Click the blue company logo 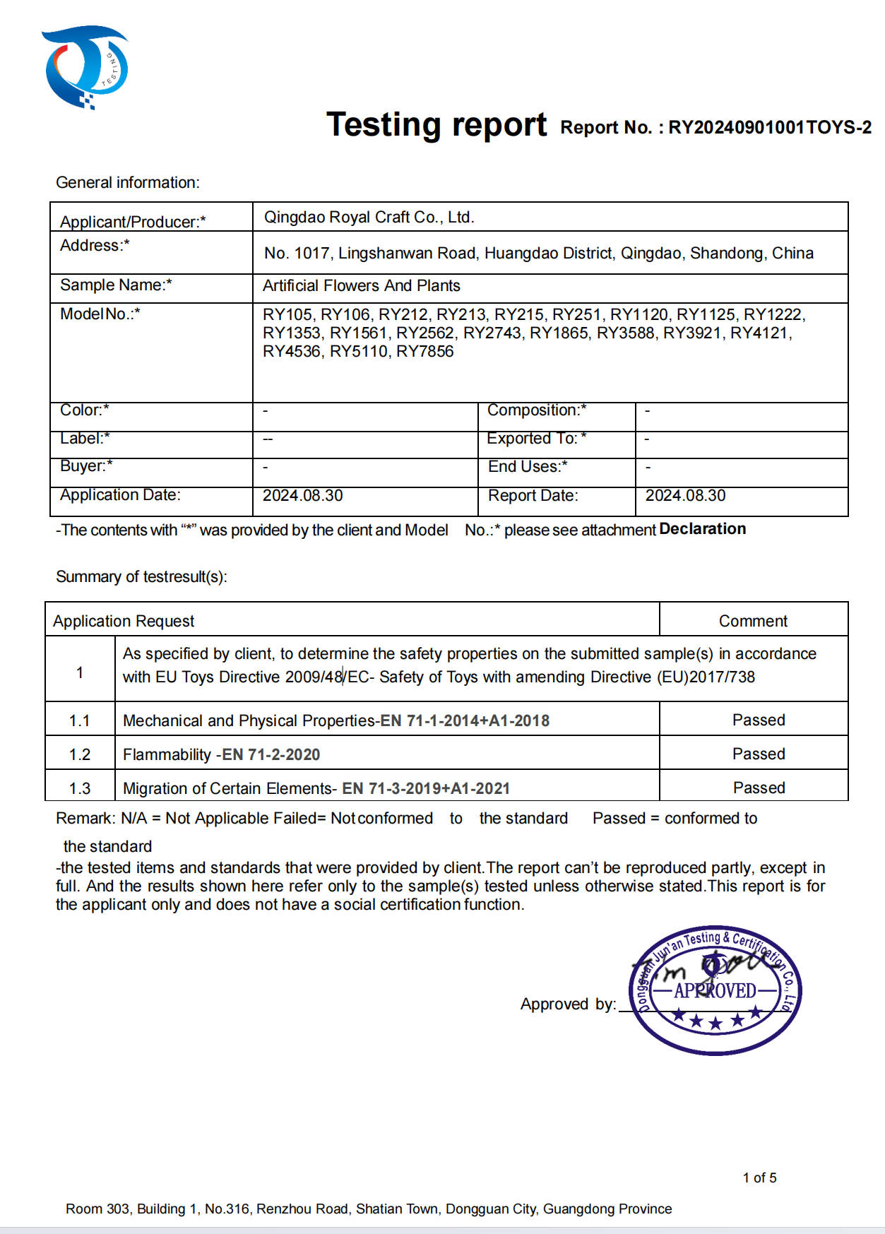85,68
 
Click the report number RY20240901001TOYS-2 769,127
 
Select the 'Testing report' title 436,125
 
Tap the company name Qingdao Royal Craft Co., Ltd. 369,218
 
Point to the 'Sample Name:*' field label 116,285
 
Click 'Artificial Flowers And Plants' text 361,286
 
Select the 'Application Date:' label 120,495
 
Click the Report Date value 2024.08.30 685,496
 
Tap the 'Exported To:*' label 536,439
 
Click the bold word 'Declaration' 702,529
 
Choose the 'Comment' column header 752,621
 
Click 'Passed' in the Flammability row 758,754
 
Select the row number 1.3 80,788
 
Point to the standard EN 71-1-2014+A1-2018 465,721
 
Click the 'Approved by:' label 568,1004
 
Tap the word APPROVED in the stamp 715,991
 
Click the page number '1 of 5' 759,1177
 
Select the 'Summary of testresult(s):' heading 141,577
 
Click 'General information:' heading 128,183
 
